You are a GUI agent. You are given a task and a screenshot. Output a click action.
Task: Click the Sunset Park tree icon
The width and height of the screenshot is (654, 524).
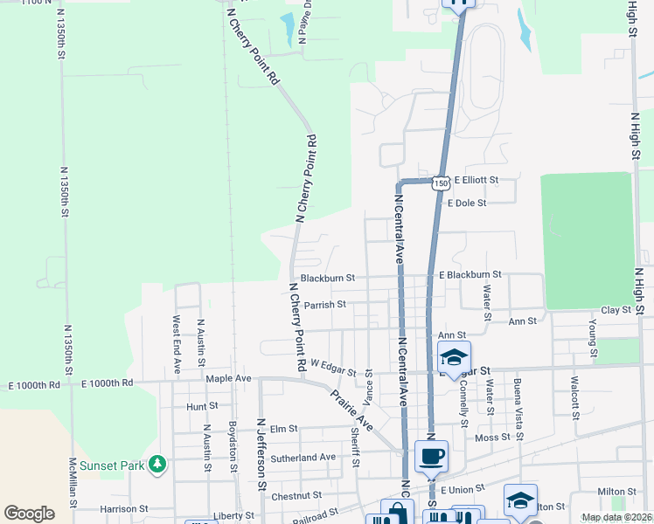click(157, 465)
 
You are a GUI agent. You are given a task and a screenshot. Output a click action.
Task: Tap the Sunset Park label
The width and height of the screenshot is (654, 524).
click(112, 465)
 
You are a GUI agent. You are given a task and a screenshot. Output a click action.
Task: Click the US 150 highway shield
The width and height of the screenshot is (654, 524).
click(442, 183)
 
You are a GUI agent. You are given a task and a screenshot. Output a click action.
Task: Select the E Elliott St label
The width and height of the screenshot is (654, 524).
click(475, 180)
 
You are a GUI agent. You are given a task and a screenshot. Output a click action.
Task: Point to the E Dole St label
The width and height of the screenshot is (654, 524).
click(466, 203)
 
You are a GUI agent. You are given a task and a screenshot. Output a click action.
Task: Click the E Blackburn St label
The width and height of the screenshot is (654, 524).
click(470, 275)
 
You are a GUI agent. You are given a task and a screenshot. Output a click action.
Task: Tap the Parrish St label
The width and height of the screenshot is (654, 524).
click(325, 305)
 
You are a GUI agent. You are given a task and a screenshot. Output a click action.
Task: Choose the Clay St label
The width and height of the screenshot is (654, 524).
click(616, 311)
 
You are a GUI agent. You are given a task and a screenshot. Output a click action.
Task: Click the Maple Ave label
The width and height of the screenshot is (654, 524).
click(228, 379)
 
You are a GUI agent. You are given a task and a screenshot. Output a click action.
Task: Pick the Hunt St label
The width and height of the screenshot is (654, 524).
click(201, 406)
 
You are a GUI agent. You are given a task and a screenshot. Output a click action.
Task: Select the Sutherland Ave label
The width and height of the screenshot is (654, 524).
click(303, 457)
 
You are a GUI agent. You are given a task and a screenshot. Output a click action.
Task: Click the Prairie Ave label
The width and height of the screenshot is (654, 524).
click(351, 410)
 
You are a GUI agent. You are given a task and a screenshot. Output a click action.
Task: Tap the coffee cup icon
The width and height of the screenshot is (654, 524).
click(431, 457)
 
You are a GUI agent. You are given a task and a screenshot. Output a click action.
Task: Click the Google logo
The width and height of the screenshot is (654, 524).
click(29, 514)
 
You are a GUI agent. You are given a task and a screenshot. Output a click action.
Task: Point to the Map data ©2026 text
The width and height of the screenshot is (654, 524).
click(616, 517)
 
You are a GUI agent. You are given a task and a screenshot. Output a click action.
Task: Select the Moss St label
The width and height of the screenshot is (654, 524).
click(493, 438)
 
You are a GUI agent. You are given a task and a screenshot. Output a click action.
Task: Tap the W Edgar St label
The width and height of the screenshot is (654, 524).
click(333, 369)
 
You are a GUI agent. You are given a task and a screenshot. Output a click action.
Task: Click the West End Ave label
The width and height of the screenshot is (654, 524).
click(177, 344)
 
